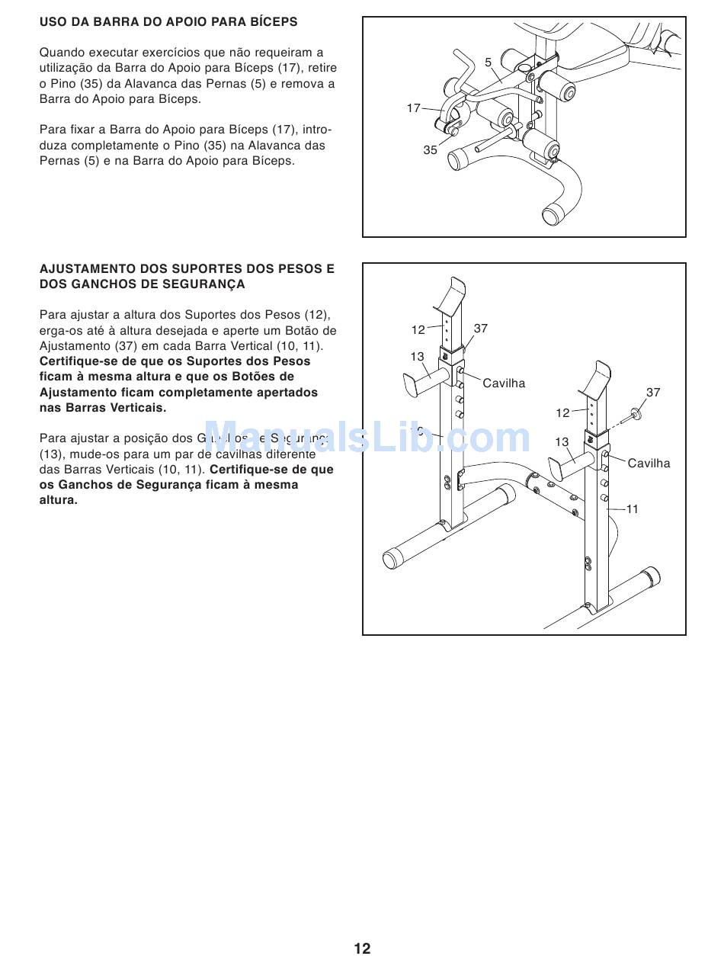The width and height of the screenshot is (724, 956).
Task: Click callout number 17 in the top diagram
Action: [x=413, y=108]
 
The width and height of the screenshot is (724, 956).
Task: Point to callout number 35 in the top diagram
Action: [x=430, y=150]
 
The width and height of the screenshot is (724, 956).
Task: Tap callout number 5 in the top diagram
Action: [x=488, y=63]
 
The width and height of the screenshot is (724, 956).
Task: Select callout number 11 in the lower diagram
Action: [x=632, y=509]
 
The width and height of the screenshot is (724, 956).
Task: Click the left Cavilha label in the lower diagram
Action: [x=504, y=383]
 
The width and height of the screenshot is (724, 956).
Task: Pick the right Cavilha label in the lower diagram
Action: [x=649, y=463]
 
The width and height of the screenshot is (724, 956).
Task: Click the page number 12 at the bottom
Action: [x=362, y=948]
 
